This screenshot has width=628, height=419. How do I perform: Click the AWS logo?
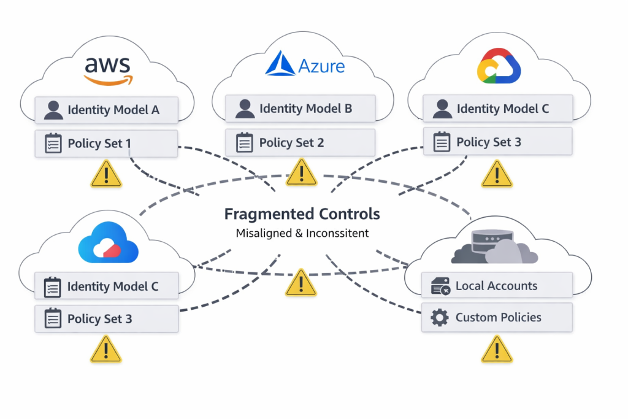[x=107, y=69]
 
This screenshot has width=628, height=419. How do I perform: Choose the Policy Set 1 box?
[x=106, y=144]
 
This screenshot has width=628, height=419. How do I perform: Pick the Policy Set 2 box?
[x=300, y=143]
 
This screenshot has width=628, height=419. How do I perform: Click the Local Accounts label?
[x=496, y=286]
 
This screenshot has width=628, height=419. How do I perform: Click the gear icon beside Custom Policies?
[x=440, y=318]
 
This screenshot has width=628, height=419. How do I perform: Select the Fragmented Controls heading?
[x=302, y=214]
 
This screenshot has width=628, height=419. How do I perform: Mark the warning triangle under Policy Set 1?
[x=106, y=174]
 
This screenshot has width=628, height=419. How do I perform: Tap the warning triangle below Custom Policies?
[x=496, y=350]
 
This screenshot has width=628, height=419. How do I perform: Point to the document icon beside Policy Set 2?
[x=245, y=143]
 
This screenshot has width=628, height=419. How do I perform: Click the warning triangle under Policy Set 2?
[x=301, y=173]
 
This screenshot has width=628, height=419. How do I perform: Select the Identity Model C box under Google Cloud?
[x=497, y=109]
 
